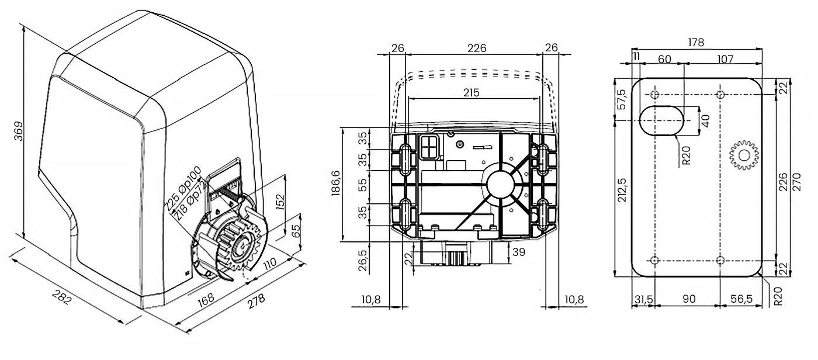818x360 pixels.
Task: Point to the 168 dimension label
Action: coord(206,297)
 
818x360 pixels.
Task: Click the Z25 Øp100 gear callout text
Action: coord(182,188)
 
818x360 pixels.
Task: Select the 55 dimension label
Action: coord(363,185)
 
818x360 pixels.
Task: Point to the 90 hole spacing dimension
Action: coord(689,299)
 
